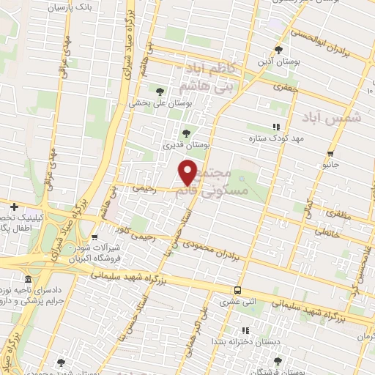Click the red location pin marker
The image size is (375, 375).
188,172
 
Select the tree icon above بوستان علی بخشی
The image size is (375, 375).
160,91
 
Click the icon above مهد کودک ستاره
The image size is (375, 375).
275,126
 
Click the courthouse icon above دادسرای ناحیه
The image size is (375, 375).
27,281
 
